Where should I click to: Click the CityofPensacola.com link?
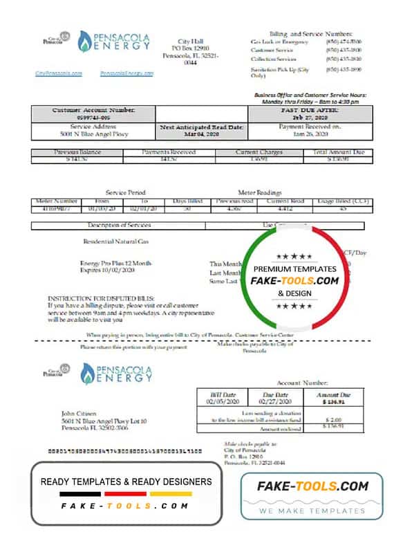(x=59, y=73)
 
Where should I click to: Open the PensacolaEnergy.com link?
(x=126, y=73)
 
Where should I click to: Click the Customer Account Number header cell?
(x=93, y=110)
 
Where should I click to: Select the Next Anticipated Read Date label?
(x=191, y=127)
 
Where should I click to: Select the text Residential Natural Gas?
(x=115, y=241)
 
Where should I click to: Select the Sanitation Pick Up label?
(x=279, y=71)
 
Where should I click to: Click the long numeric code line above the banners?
(x=124, y=450)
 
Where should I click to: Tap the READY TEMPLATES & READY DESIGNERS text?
(x=126, y=482)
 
